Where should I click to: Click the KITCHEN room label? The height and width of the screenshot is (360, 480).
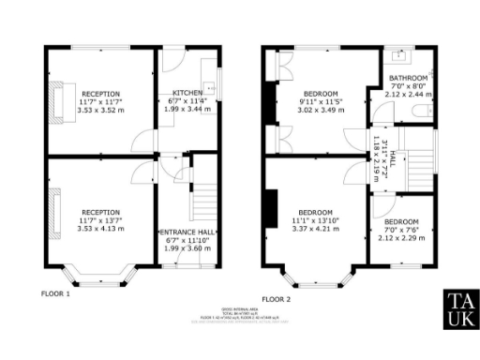click(x=187, y=93)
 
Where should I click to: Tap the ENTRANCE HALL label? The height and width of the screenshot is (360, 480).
click(x=189, y=231)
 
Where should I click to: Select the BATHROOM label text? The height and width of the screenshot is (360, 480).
click(x=409, y=78)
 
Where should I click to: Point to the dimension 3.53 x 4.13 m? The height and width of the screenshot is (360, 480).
click(x=100, y=228)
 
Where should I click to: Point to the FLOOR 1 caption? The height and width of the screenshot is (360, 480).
click(x=55, y=293)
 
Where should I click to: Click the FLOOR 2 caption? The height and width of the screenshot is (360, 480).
click(x=277, y=299)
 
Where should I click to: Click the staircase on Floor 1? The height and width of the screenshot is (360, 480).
click(x=203, y=202)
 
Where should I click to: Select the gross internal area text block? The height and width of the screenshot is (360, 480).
click(x=240, y=315)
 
